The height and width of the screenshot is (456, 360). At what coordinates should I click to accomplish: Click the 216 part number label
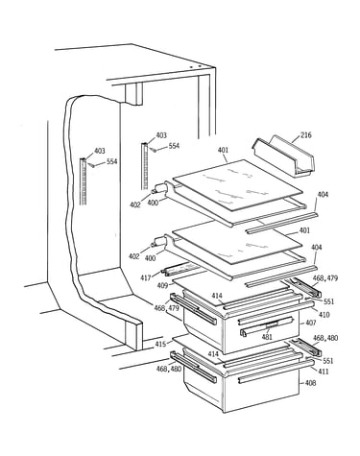[305, 134]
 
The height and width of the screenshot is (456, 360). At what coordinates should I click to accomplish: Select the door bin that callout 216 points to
[283, 156]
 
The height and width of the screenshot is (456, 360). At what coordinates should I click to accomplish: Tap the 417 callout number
[146, 277]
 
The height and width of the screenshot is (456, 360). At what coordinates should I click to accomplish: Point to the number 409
[163, 285]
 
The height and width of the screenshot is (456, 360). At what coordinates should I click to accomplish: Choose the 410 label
[324, 315]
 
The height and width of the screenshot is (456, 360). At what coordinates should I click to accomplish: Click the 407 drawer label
[310, 323]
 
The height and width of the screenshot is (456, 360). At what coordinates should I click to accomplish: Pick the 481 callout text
[267, 336]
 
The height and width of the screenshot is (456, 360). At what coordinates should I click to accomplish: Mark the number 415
[160, 344]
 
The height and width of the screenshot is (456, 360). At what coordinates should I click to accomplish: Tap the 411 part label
[324, 372]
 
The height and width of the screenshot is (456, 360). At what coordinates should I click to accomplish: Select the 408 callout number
[310, 383]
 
